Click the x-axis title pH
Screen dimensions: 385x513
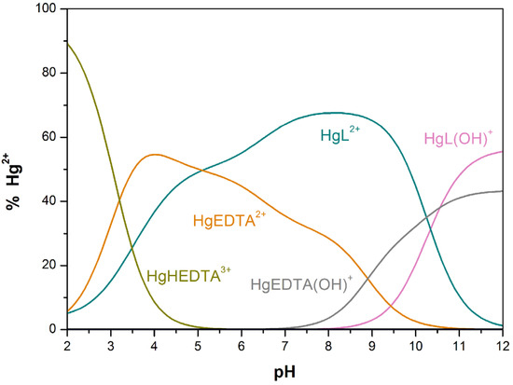[x=285, y=371]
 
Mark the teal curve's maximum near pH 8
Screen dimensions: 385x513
[x=334, y=113]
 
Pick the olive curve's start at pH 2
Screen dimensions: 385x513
[x=68, y=43]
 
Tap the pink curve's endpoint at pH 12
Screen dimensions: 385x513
[x=503, y=151]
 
